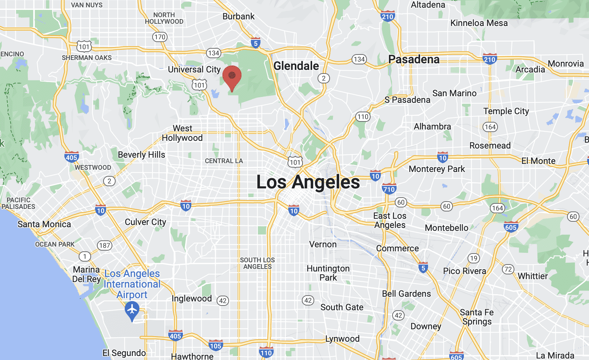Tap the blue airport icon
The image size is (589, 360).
pos(132,310)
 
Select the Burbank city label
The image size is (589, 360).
pos(239,16)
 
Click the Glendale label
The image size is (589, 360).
pos(296,66)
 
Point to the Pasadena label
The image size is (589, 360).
pos(414,59)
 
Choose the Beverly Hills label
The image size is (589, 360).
pos(142,155)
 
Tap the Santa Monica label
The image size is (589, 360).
pos(44,224)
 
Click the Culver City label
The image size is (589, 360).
pos(146,222)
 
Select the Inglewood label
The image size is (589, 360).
pos(192,299)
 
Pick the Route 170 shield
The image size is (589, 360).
pos(160,37)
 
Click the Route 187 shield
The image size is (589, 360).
pos(105,245)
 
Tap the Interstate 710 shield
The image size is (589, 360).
pos(389,189)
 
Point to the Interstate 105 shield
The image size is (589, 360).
pos(216,345)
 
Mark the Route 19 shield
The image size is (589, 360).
pos(474,258)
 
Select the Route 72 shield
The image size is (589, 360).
pos(508,270)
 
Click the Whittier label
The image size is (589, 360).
pos(533,276)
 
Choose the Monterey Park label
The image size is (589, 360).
pos(437,169)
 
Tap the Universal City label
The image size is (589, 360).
pos(194,70)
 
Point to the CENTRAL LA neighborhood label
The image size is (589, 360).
pos(224,161)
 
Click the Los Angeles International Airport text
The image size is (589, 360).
pos(132,284)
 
